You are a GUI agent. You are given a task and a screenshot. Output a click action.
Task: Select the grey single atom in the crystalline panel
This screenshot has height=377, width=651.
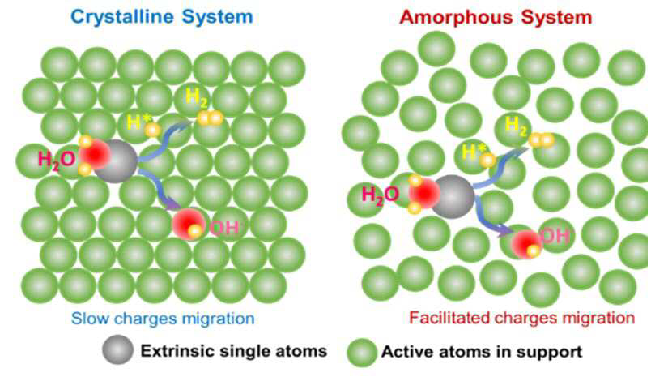[116, 161]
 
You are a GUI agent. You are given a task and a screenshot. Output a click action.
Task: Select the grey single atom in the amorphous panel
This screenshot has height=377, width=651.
[452, 196]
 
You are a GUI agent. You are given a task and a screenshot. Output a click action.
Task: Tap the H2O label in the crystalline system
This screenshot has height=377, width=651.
[57, 159]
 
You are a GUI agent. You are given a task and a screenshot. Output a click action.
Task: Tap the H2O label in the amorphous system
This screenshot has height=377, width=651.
[381, 195]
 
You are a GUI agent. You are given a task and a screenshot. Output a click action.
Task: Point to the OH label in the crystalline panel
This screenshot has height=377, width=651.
[224, 227]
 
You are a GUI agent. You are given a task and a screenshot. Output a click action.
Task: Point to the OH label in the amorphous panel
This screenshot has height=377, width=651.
[555, 236]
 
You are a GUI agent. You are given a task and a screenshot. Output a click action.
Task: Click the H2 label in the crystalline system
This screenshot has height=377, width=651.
[197, 96]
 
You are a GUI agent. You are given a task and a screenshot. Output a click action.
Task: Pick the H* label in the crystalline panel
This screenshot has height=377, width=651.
[138, 122]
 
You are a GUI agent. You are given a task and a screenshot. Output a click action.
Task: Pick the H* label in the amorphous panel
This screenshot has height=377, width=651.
[473, 152]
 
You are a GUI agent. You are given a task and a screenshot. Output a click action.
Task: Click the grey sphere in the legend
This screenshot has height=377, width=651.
[118, 349]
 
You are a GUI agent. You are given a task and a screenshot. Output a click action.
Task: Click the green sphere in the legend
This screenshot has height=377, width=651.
[362, 353]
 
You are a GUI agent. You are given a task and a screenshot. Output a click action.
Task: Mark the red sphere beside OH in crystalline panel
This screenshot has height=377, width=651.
[189, 225]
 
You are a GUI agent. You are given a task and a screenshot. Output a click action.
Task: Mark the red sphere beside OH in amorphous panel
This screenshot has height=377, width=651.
[527, 243]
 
